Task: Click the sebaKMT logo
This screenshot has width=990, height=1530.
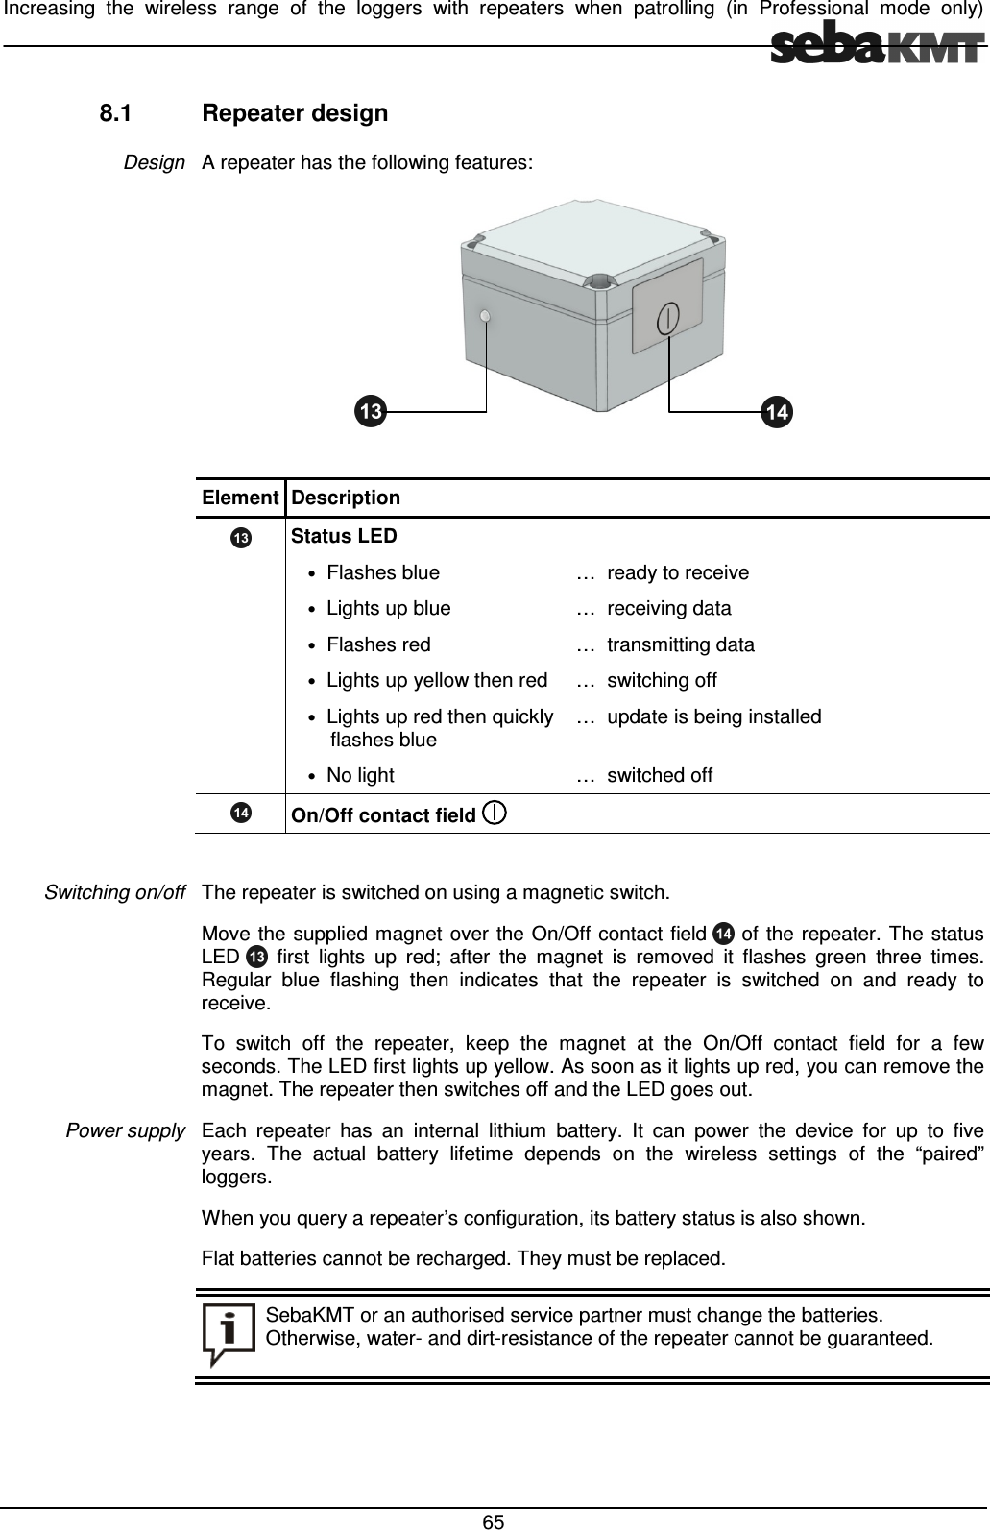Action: tap(878, 46)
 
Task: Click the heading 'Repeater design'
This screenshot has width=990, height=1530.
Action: tap(296, 113)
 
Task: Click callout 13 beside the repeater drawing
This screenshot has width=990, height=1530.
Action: tap(369, 412)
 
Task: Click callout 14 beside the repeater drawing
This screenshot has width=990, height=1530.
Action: tap(777, 412)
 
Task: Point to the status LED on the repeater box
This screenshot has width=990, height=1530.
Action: tap(486, 317)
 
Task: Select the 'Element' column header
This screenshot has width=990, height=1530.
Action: tap(240, 498)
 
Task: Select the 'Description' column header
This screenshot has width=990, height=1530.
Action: tap(346, 498)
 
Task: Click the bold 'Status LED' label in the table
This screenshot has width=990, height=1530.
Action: tap(344, 535)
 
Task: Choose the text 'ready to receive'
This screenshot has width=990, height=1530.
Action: tap(678, 573)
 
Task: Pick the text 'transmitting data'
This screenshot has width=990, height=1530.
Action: tap(681, 644)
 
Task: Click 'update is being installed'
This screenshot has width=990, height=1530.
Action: tap(714, 716)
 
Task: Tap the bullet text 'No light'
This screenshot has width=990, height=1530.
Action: tap(360, 775)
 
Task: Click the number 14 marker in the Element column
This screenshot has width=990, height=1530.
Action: tap(240, 814)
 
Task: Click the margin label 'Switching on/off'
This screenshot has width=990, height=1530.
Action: tap(115, 892)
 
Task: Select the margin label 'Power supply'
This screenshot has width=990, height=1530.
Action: tap(125, 1130)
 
